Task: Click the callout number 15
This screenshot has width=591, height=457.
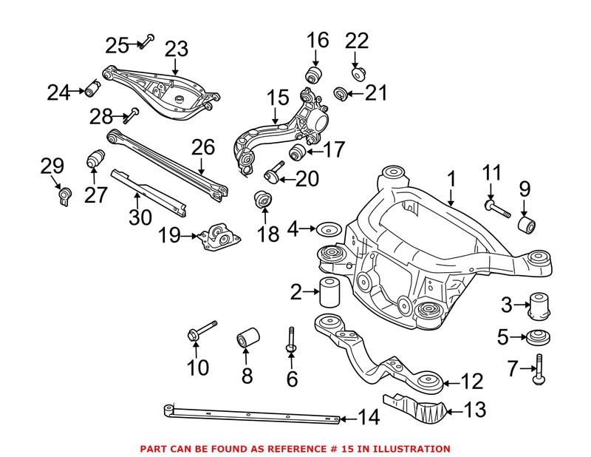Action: pos(278,97)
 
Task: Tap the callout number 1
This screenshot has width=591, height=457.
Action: pos(451,179)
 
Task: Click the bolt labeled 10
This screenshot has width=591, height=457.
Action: pos(200,331)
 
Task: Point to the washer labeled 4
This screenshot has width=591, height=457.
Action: pos(327,229)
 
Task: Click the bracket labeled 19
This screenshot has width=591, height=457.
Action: pos(221,237)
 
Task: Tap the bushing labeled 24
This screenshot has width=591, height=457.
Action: pos(92,88)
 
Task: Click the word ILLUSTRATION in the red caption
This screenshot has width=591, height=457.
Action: pos(411,448)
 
